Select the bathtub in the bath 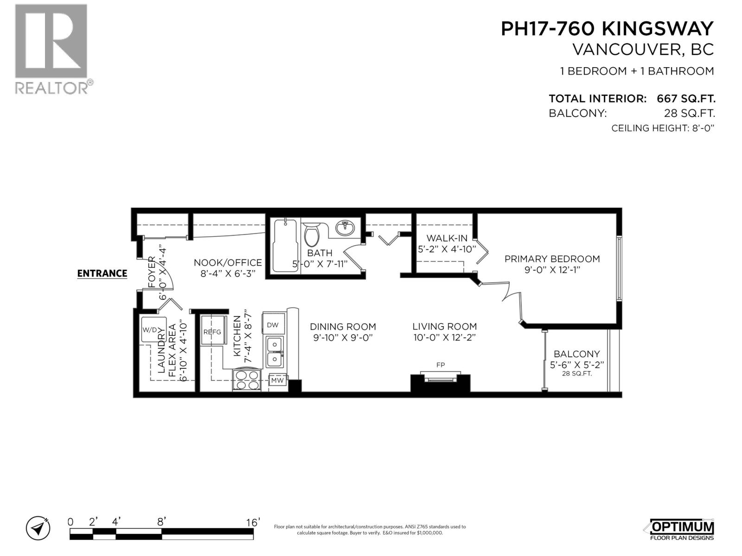click(284, 246)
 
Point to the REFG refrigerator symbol click(212, 331)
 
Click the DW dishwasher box click(273, 325)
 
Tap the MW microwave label click(277, 380)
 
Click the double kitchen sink click(274, 352)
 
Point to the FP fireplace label click(441, 365)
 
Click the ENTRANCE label click(102, 273)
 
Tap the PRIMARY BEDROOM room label click(552, 259)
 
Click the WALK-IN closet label click(447, 238)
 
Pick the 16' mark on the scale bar click(253, 522)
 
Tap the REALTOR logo click(51, 49)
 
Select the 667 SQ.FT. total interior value click(686, 99)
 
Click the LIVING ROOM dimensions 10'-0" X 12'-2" click(444, 338)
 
